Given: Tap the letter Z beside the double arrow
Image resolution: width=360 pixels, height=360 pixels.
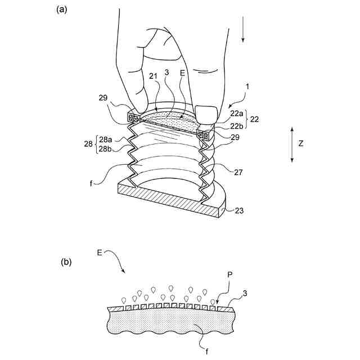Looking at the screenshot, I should pyautogui.click(x=301, y=144).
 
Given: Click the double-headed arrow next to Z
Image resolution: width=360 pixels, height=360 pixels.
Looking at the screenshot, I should pyautogui.click(x=291, y=145).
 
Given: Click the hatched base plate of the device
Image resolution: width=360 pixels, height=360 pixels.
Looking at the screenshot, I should pyautogui.click(x=169, y=204).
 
